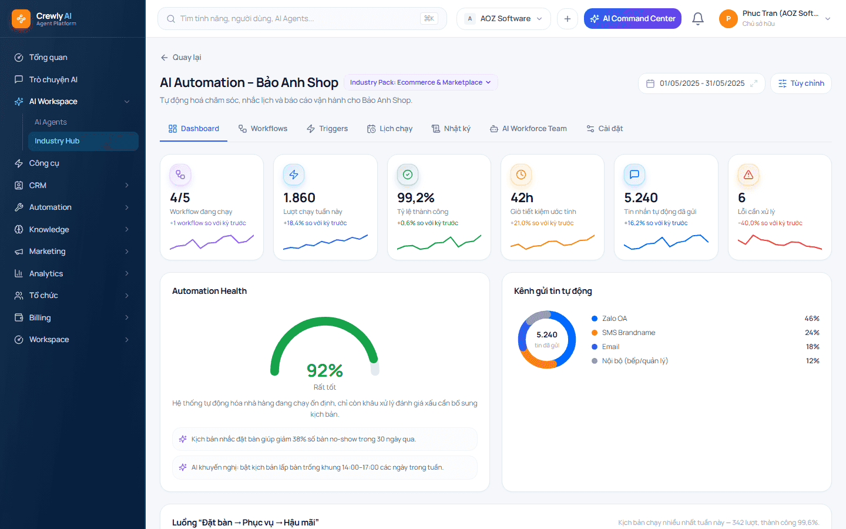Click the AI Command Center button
point(633,19)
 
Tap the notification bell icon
point(697,19)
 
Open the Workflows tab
point(263,129)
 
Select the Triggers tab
point(327,129)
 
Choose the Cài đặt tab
point(605,129)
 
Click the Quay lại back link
point(181,58)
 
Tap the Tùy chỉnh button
point(801,83)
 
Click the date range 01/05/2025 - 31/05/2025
point(701,83)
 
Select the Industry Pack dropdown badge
point(421,82)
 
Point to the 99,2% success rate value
point(415,197)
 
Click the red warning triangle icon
point(748,175)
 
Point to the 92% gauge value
point(325,370)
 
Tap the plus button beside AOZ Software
point(568,19)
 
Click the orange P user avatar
point(728,19)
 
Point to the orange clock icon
point(521,175)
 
